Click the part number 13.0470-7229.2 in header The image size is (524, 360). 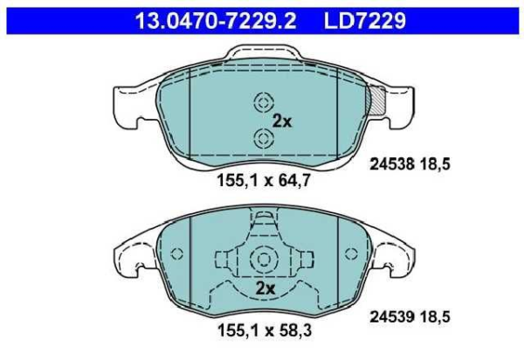point(210,17)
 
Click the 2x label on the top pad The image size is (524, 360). point(281,121)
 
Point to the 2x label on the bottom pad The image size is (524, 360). point(265,287)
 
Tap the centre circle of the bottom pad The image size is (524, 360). point(262,259)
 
